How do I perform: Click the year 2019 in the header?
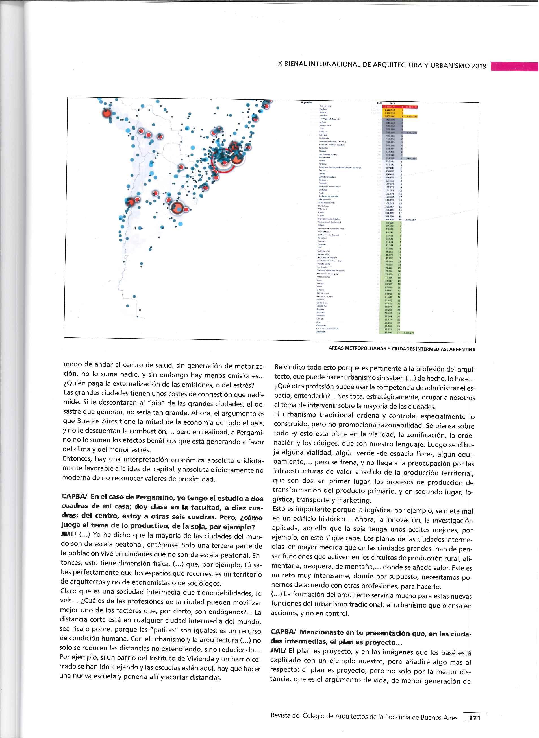point(479,66)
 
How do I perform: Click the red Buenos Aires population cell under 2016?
point(389,107)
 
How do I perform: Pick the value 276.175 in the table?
point(390,161)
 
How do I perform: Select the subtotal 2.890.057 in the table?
point(410,220)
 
